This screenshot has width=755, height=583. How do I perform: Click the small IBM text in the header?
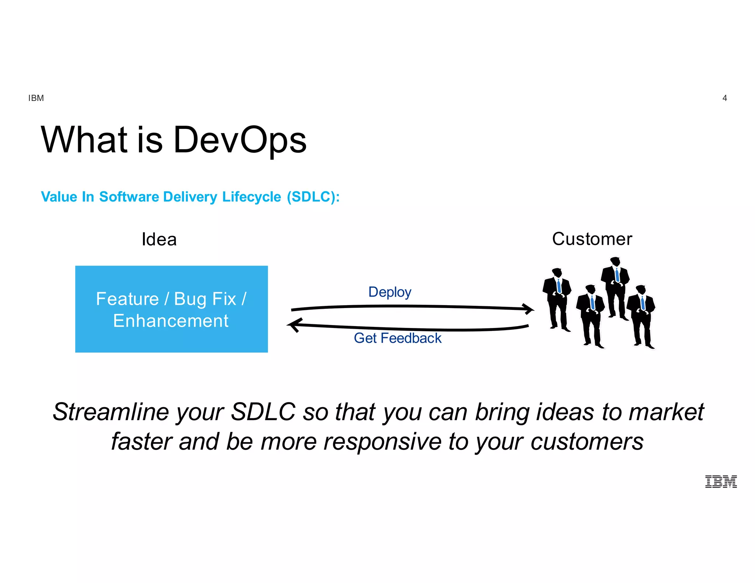pyautogui.click(x=36, y=98)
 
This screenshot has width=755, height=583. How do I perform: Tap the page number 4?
pyautogui.click(x=724, y=98)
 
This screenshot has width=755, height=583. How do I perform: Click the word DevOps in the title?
pyautogui.click(x=240, y=140)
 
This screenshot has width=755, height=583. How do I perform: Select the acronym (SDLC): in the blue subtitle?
pyautogui.click(x=313, y=197)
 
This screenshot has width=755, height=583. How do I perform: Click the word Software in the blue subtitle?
pyautogui.click(x=129, y=197)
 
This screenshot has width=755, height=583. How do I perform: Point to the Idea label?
pyautogui.click(x=159, y=240)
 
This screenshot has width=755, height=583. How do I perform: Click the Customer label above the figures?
pyautogui.click(x=592, y=239)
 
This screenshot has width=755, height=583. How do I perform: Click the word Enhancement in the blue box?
pyautogui.click(x=171, y=321)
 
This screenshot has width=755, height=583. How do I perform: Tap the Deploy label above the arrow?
pyautogui.click(x=390, y=292)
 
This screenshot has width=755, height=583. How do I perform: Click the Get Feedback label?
pyautogui.click(x=397, y=338)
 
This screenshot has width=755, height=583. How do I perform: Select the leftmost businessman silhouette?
pyautogui.click(x=557, y=299)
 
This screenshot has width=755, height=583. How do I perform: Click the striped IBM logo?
pyautogui.click(x=721, y=482)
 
